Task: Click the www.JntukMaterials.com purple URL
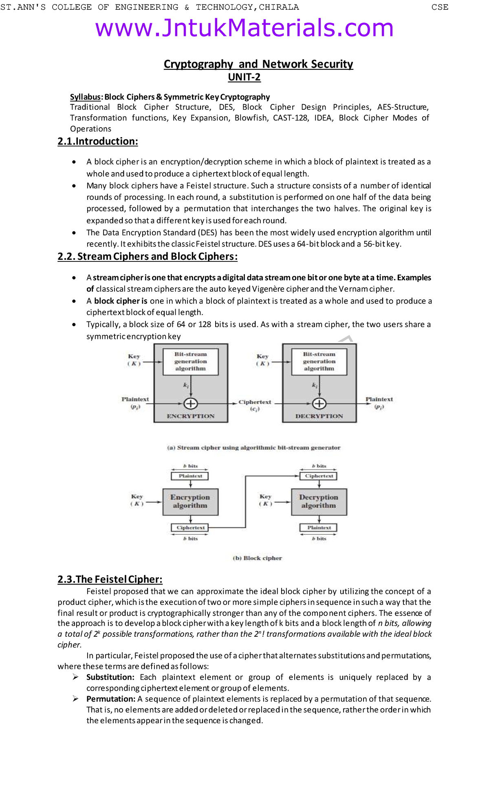(x=244, y=28)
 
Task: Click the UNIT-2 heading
(x=244, y=77)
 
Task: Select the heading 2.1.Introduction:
(x=98, y=142)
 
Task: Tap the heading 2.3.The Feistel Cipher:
(x=110, y=579)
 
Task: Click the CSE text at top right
(x=440, y=7)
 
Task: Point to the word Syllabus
(x=85, y=97)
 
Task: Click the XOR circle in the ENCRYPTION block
(x=191, y=403)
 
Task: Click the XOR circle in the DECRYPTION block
(x=319, y=403)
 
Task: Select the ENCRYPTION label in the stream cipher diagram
(x=190, y=416)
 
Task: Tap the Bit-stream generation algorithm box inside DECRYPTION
(x=319, y=361)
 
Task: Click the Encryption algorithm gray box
(x=190, y=502)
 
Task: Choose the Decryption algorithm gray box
(x=319, y=502)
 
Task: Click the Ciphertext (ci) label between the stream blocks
(x=255, y=405)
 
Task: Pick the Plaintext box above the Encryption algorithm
(x=190, y=476)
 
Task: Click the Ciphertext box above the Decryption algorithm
(x=319, y=476)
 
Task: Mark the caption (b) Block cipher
(x=257, y=558)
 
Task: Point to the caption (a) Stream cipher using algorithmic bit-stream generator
(x=253, y=447)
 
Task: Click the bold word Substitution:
(x=110, y=677)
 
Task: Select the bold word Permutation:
(x=111, y=699)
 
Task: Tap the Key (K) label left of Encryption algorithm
(x=137, y=500)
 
